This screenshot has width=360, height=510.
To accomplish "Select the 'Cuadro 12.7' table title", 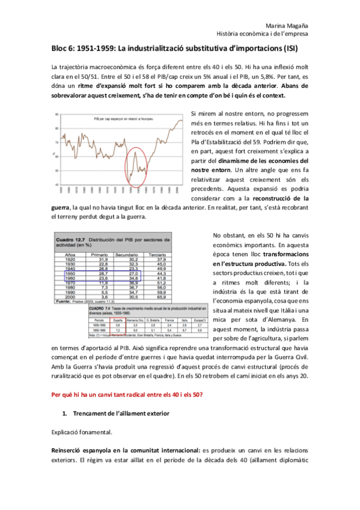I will pyautogui.click(x=71, y=240).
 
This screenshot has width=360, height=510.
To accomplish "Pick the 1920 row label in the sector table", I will pyautogui.click(x=69, y=260).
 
